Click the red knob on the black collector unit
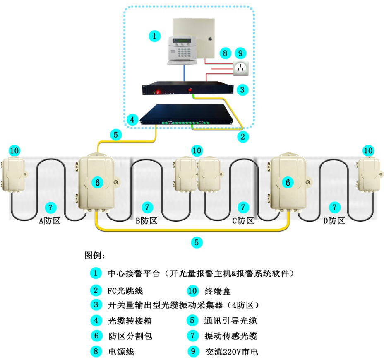tap(191, 89)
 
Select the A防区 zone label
tap(50, 221)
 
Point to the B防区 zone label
tap(146, 221)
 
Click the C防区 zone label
tap(243, 221)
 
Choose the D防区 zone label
tap(334, 221)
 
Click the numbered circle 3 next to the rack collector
tap(244, 89)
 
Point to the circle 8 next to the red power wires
tap(225, 53)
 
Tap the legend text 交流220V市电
tap(231, 352)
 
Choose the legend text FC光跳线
tap(125, 291)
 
